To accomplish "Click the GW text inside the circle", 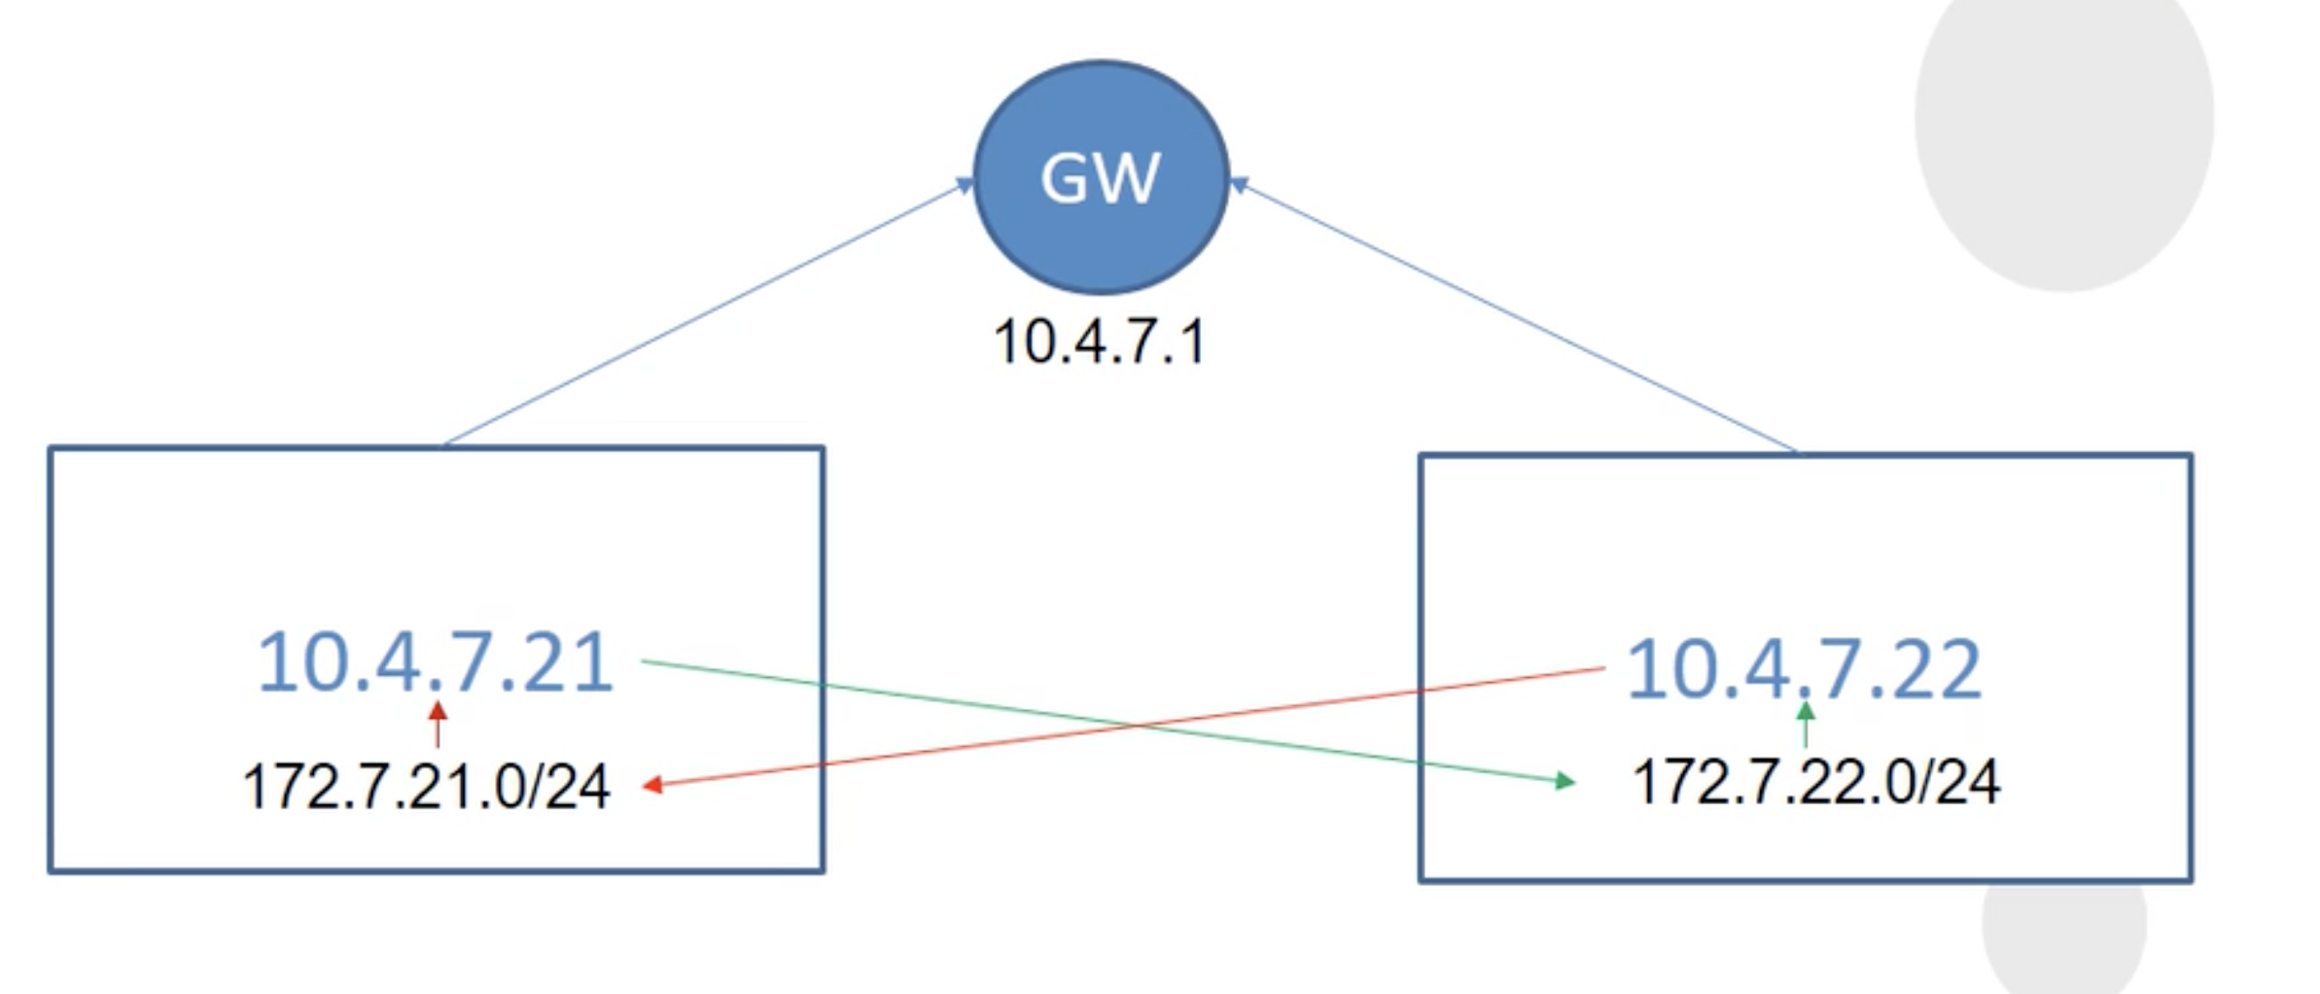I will click(x=1100, y=178).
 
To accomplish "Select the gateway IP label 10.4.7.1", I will click(x=1099, y=343).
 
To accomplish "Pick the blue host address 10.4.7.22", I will click(x=1804, y=669).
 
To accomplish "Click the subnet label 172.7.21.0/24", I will click(x=426, y=786).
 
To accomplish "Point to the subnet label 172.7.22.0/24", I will click(x=1816, y=782).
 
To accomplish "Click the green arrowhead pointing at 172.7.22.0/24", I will click(x=1564, y=780).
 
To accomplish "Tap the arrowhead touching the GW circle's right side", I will click(x=1240, y=184).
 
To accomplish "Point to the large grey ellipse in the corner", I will click(x=2063, y=126).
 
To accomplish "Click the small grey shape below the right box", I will click(x=2063, y=934).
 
